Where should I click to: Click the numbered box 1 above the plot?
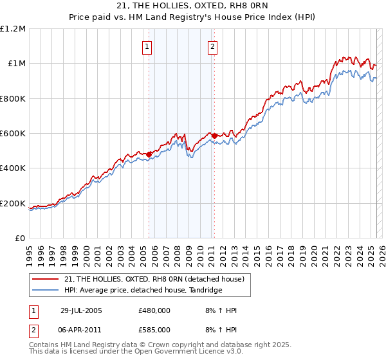pyautogui.click(x=147, y=46)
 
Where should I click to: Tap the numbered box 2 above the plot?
pyautogui.click(x=212, y=46)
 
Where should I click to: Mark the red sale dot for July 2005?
pyautogui.click(x=149, y=154)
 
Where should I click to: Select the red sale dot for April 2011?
pyautogui.click(x=214, y=136)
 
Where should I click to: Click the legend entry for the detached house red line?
pyautogui.click(x=154, y=279)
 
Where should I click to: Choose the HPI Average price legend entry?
pyautogui.click(x=143, y=291)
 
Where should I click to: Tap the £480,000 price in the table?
pyautogui.click(x=154, y=310)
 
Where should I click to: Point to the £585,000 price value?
pyautogui.click(x=154, y=329)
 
